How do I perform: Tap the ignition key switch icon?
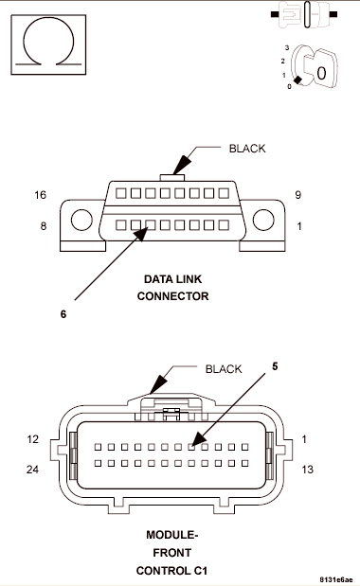click(x=310, y=67)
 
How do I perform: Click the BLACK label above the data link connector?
click(x=247, y=149)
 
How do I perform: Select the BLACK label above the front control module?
click(x=224, y=369)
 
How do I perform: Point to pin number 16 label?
click(x=41, y=195)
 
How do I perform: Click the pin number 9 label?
click(x=297, y=195)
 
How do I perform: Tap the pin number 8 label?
click(x=44, y=225)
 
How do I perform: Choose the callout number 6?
click(x=63, y=314)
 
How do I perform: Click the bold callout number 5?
click(x=275, y=366)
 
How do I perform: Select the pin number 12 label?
click(x=32, y=438)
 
